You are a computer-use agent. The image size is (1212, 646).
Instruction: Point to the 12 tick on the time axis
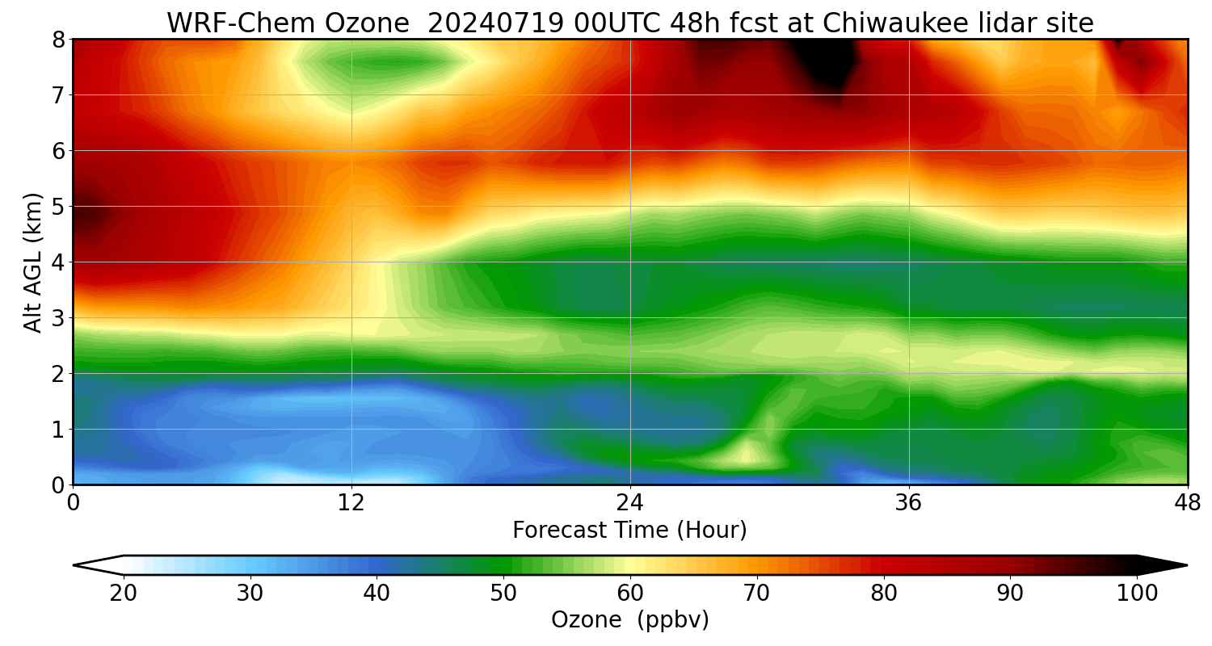(351, 503)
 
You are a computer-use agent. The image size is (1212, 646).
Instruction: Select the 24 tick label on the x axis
(630, 503)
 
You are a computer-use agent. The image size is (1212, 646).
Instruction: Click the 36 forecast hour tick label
(909, 503)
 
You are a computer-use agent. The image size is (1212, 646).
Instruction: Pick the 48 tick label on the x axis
(1187, 503)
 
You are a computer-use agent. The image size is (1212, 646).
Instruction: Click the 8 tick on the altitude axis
(57, 40)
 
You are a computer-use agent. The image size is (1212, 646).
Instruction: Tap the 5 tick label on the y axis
(57, 207)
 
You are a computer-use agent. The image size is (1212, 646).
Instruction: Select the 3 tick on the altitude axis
(57, 318)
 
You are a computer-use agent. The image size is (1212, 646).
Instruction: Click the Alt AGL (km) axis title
(33, 262)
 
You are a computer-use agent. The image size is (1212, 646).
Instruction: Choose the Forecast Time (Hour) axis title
(629, 531)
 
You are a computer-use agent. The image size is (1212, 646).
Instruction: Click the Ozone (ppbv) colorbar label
(629, 620)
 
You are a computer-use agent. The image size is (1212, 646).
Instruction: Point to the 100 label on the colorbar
(1136, 594)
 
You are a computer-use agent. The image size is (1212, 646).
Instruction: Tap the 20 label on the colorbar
(124, 594)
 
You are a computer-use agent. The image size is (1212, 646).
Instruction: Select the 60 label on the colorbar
(630, 594)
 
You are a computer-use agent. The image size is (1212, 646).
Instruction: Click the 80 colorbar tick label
(884, 594)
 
